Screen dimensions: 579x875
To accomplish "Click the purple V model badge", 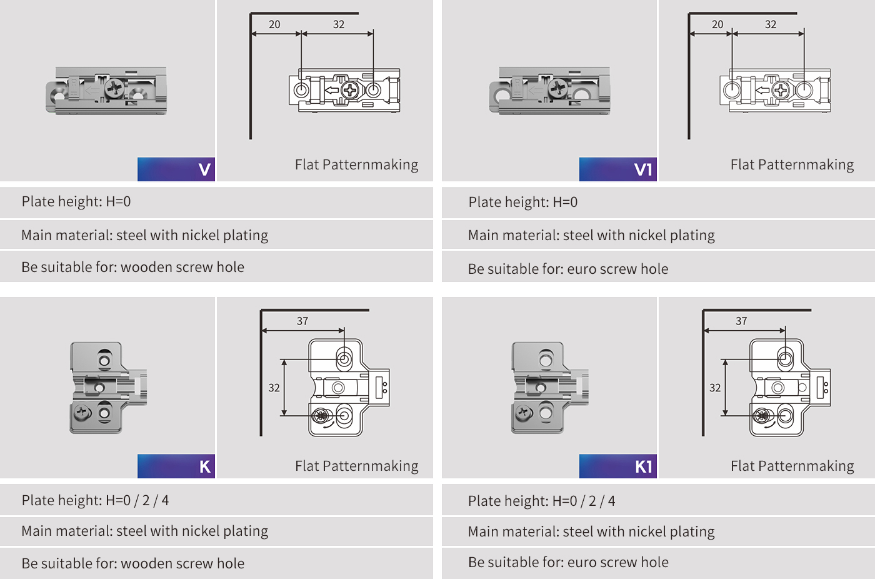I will (x=176, y=169).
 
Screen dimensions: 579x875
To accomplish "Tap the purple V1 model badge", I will (x=617, y=169).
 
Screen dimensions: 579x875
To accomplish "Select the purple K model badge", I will (x=176, y=466).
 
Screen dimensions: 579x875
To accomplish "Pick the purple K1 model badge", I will (x=617, y=466).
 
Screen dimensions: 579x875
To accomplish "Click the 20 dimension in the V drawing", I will (x=274, y=24).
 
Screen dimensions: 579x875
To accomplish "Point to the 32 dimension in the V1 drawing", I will (x=771, y=24).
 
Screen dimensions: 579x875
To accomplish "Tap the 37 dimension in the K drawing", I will (x=302, y=321).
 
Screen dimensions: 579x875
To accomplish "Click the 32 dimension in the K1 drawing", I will (x=715, y=388).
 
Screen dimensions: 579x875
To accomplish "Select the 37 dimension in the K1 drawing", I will (x=741, y=321).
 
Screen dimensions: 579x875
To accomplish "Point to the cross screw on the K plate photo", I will (x=82, y=413).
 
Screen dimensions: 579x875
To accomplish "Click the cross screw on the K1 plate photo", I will (x=523, y=412).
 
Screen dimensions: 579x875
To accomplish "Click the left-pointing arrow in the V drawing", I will (x=331, y=91).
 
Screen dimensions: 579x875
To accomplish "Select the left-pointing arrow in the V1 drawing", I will (x=762, y=91).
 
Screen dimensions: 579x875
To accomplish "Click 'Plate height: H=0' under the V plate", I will (x=76, y=201).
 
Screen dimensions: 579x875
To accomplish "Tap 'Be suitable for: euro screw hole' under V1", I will (x=567, y=269).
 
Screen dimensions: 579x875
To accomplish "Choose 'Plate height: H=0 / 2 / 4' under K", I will (x=95, y=500).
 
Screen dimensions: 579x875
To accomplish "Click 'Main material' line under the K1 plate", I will (x=591, y=531).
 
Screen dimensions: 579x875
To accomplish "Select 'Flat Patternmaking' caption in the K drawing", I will (x=356, y=466).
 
